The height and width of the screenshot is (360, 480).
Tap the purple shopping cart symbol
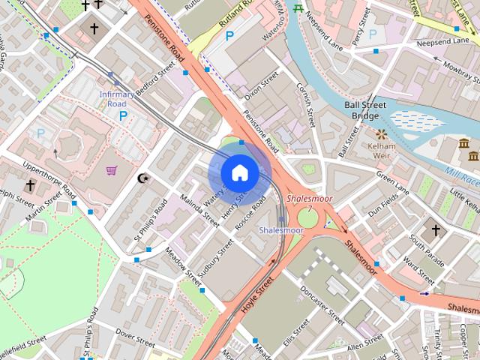pyautogui.click(x=112, y=171)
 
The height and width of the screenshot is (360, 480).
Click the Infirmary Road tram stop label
pyautogui.click(x=116, y=99)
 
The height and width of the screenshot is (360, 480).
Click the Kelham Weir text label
pyautogui.click(x=382, y=148)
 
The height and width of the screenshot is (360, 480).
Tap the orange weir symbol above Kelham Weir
pyautogui.click(x=382, y=134)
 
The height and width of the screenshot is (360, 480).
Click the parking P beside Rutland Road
pyautogui.click(x=230, y=35)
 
